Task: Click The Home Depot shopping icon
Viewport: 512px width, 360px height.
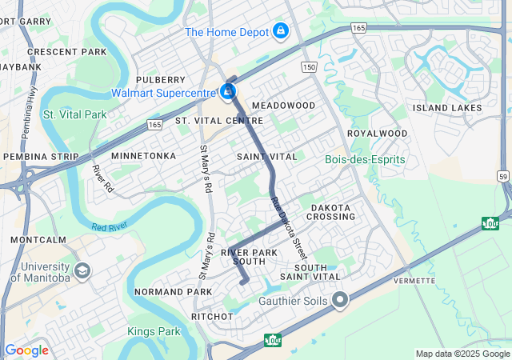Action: [280, 31]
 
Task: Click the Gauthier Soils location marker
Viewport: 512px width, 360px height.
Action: [340, 301]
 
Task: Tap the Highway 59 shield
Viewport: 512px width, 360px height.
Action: [502, 175]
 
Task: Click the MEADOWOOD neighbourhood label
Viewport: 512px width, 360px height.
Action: [283, 106]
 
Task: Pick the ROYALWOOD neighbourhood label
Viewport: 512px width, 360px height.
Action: [377, 134]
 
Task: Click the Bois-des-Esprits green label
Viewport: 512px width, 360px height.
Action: [365, 159]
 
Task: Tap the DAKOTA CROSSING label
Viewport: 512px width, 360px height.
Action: [330, 212]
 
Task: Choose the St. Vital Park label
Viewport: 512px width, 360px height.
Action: [74, 114]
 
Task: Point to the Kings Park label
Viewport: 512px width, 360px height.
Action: [154, 330]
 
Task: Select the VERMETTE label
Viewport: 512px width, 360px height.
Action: [414, 281]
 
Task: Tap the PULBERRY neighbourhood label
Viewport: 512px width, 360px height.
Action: [160, 80]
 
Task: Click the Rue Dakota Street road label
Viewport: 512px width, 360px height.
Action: [287, 222]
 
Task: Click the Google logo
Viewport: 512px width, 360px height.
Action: [26, 350]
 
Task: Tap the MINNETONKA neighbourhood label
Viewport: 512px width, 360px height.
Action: [143, 155]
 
